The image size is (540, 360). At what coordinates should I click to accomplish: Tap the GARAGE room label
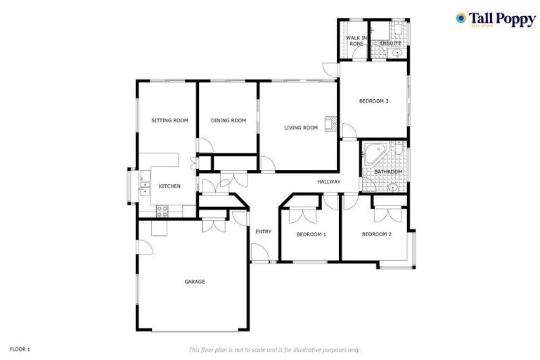point(195,282)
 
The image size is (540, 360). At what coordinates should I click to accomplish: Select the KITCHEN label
point(169,186)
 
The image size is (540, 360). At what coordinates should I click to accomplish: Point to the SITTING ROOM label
point(170,121)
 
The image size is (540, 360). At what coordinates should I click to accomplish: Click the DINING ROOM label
point(229,121)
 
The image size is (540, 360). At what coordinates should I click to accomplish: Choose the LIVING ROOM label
point(301,128)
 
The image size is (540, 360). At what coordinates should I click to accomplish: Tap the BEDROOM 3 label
point(373,101)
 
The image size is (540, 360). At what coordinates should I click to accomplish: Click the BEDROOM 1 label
point(311,234)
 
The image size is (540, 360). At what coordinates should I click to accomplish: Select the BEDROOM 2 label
point(376,234)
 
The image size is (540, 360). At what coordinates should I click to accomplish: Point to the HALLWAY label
point(328,182)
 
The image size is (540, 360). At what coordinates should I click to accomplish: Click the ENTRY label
point(263,231)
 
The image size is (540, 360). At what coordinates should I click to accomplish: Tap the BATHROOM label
point(387,172)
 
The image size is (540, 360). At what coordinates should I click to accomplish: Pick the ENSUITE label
point(390,44)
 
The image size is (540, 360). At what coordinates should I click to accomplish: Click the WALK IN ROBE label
point(356,40)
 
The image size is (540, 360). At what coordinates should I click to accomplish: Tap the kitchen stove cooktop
point(161,209)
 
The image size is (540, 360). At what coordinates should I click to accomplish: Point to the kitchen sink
point(145,188)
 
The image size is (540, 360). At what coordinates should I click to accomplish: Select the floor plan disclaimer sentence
point(275,349)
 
